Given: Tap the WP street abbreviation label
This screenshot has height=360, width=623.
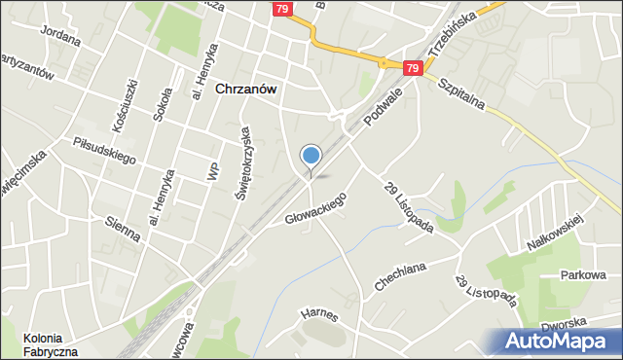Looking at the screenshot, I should tap(212, 169).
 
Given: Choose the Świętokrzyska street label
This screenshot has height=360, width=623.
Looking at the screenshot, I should tap(243, 162).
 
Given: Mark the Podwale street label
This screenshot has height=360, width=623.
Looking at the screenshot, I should tap(383, 108).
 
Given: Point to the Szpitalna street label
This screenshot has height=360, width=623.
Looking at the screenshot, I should tap(463, 94).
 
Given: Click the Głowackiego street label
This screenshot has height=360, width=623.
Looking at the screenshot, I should tap(314, 207).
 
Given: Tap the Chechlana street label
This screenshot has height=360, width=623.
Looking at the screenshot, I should tap(402, 275).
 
